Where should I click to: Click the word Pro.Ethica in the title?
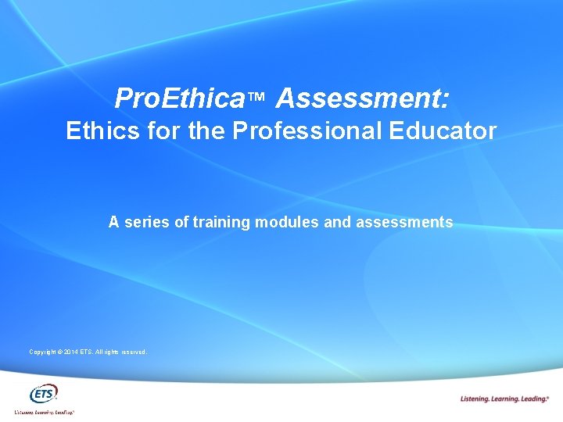179,98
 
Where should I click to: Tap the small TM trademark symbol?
258,98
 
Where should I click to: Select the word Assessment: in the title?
362,98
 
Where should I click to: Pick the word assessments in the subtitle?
404,223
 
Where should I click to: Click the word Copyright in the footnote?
42,352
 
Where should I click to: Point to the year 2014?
70,352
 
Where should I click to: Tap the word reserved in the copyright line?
133,352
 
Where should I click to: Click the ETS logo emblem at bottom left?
44,393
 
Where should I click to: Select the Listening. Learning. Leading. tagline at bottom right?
505,399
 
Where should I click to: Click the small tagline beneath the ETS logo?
45,411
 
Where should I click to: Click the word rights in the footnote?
109,352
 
